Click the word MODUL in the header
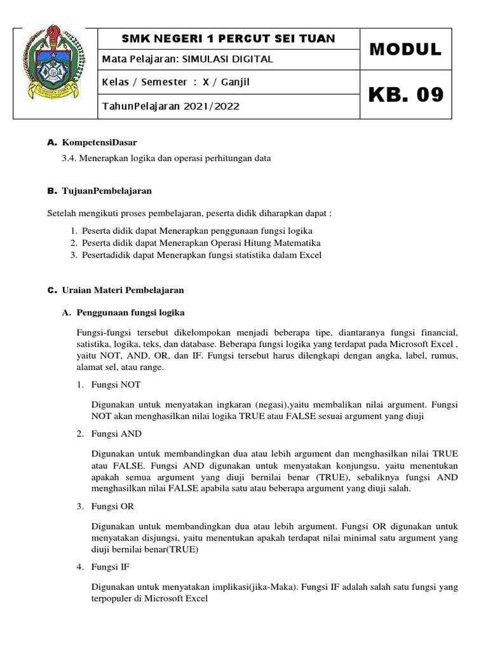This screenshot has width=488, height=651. (x=405, y=50)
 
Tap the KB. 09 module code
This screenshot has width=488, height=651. (x=405, y=95)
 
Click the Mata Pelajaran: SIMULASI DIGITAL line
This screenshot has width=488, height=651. (x=187, y=59)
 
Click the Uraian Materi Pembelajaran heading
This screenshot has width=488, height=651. (x=123, y=290)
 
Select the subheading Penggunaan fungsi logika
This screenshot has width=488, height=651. (x=131, y=313)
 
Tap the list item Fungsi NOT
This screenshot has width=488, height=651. (x=116, y=385)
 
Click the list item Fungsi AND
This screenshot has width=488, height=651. (x=117, y=434)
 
